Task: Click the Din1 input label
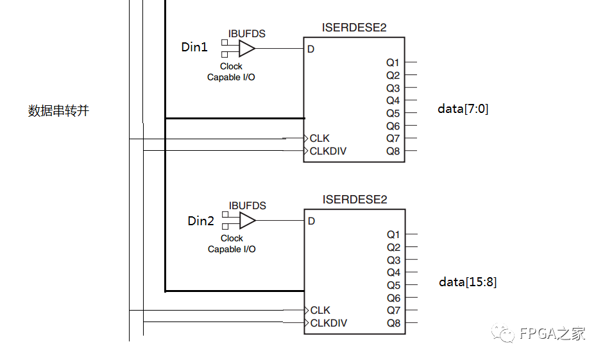click(x=194, y=47)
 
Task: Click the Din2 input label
click(x=201, y=221)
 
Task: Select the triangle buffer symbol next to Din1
click(x=246, y=48)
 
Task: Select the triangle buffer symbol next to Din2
click(x=247, y=221)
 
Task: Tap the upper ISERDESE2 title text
click(x=354, y=28)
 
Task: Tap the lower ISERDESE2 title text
click(x=355, y=200)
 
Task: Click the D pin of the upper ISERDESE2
click(x=311, y=49)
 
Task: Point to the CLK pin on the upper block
click(x=319, y=139)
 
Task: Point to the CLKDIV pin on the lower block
click(x=328, y=323)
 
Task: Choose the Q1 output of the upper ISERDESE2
click(x=393, y=63)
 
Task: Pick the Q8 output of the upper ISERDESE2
click(x=393, y=151)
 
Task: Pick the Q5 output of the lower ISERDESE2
click(x=393, y=286)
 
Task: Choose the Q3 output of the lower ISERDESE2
click(x=393, y=260)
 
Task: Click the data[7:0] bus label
click(x=463, y=109)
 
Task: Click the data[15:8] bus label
click(x=468, y=282)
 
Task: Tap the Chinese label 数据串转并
click(x=58, y=111)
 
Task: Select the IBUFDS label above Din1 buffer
click(x=247, y=33)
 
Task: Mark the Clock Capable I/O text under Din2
click(x=232, y=244)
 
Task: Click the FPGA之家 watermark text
click(x=552, y=334)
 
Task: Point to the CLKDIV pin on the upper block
click(x=328, y=151)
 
